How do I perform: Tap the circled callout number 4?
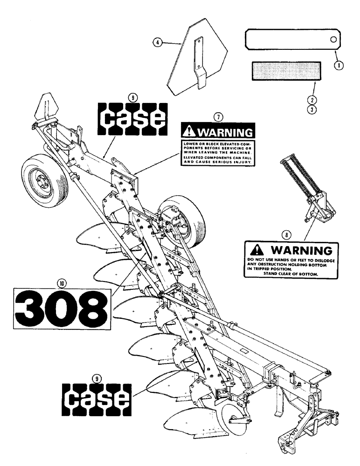[x=159, y=42]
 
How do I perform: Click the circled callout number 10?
[x=61, y=282]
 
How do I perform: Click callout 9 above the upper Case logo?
[x=132, y=97]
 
